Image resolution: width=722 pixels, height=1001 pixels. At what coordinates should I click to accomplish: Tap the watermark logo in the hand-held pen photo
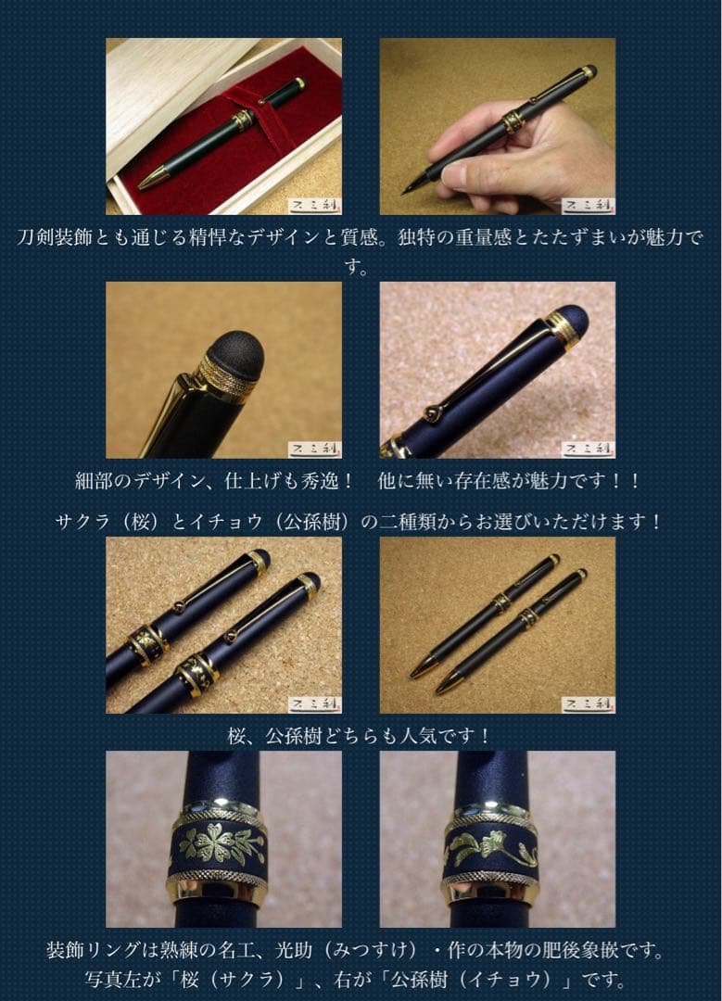(x=588, y=205)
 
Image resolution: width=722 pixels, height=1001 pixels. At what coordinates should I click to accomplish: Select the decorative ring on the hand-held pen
(x=513, y=120)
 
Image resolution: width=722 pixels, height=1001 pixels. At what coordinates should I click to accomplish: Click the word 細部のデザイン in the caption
(x=139, y=482)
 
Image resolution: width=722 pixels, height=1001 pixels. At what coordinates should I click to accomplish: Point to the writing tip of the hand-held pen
(x=409, y=189)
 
